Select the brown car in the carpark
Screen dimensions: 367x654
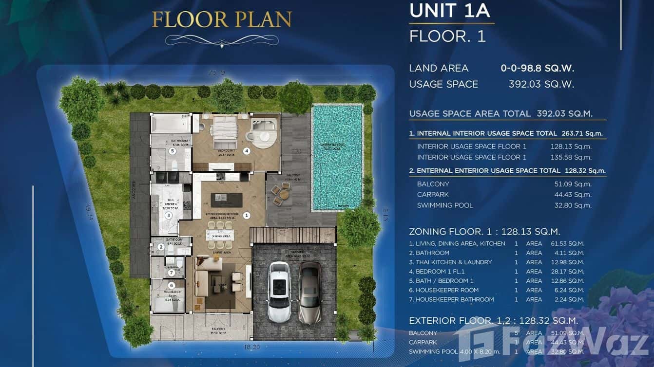click(x=310, y=292)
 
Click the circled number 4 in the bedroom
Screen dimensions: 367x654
click(x=247, y=151)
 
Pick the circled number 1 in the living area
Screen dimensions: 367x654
click(x=247, y=215)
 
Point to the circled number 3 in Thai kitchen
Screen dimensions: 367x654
click(x=169, y=215)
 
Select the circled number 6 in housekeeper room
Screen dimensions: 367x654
click(x=171, y=285)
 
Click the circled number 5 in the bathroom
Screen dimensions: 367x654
click(x=172, y=151)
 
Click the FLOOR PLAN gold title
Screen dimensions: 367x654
click(x=222, y=19)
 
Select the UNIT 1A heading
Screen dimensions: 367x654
click(x=449, y=11)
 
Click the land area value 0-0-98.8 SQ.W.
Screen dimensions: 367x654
click(x=538, y=68)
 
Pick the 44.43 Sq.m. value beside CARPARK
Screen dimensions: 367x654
click(x=575, y=195)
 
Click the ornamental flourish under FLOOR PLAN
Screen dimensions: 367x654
click(x=222, y=40)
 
